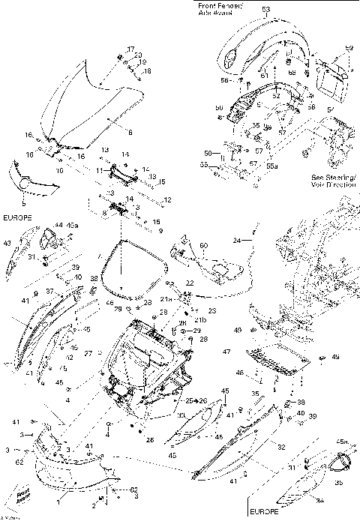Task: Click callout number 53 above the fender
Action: [265, 9]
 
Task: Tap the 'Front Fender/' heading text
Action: [217, 6]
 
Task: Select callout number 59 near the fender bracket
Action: [347, 49]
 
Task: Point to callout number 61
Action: [264, 74]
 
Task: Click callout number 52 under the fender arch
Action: [276, 95]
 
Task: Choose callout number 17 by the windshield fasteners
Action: [130, 49]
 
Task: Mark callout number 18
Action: [147, 71]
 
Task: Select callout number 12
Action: [168, 199]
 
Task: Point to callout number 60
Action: [202, 246]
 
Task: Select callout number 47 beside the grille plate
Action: [225, 352]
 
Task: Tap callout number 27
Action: [88, 353]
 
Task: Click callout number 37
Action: [70, 291]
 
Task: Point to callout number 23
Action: [212, 310]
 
